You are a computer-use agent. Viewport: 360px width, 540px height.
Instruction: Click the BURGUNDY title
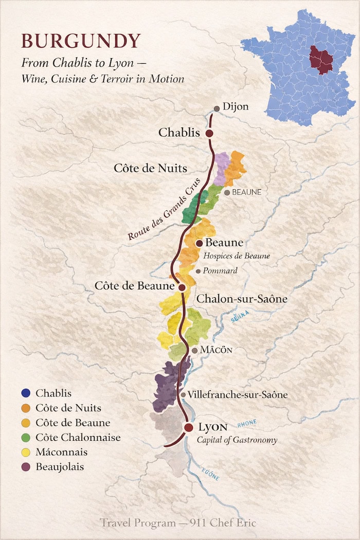coord(81,41)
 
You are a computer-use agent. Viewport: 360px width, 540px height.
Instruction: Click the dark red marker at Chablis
coord(209,133)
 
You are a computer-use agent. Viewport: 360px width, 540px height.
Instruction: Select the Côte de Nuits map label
coord(150,168)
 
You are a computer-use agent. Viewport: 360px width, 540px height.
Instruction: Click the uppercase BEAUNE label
coord(247,192)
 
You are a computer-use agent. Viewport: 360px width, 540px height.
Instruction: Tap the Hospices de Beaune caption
coord(237,256)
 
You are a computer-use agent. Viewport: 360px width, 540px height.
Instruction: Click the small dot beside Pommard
coord(198,271)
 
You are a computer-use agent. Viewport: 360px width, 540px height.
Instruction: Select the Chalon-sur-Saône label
coord(242,299)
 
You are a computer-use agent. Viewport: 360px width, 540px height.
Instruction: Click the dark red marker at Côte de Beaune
coord(182,287)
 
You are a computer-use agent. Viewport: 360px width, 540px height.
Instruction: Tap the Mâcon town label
coord(217,350)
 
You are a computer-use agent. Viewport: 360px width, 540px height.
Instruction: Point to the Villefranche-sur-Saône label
coord(238,395)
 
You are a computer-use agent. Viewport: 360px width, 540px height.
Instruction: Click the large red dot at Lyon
coord(189,428)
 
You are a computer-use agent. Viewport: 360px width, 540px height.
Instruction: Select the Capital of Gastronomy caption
coord(237,440)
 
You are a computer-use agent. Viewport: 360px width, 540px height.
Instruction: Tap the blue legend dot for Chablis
coord(26,393)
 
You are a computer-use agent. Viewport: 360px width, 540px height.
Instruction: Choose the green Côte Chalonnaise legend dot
coord(26,438)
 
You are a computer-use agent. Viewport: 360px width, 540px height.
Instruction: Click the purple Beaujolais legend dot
coord(26,467)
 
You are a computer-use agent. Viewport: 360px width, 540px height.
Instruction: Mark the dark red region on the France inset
coord(320,59)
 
